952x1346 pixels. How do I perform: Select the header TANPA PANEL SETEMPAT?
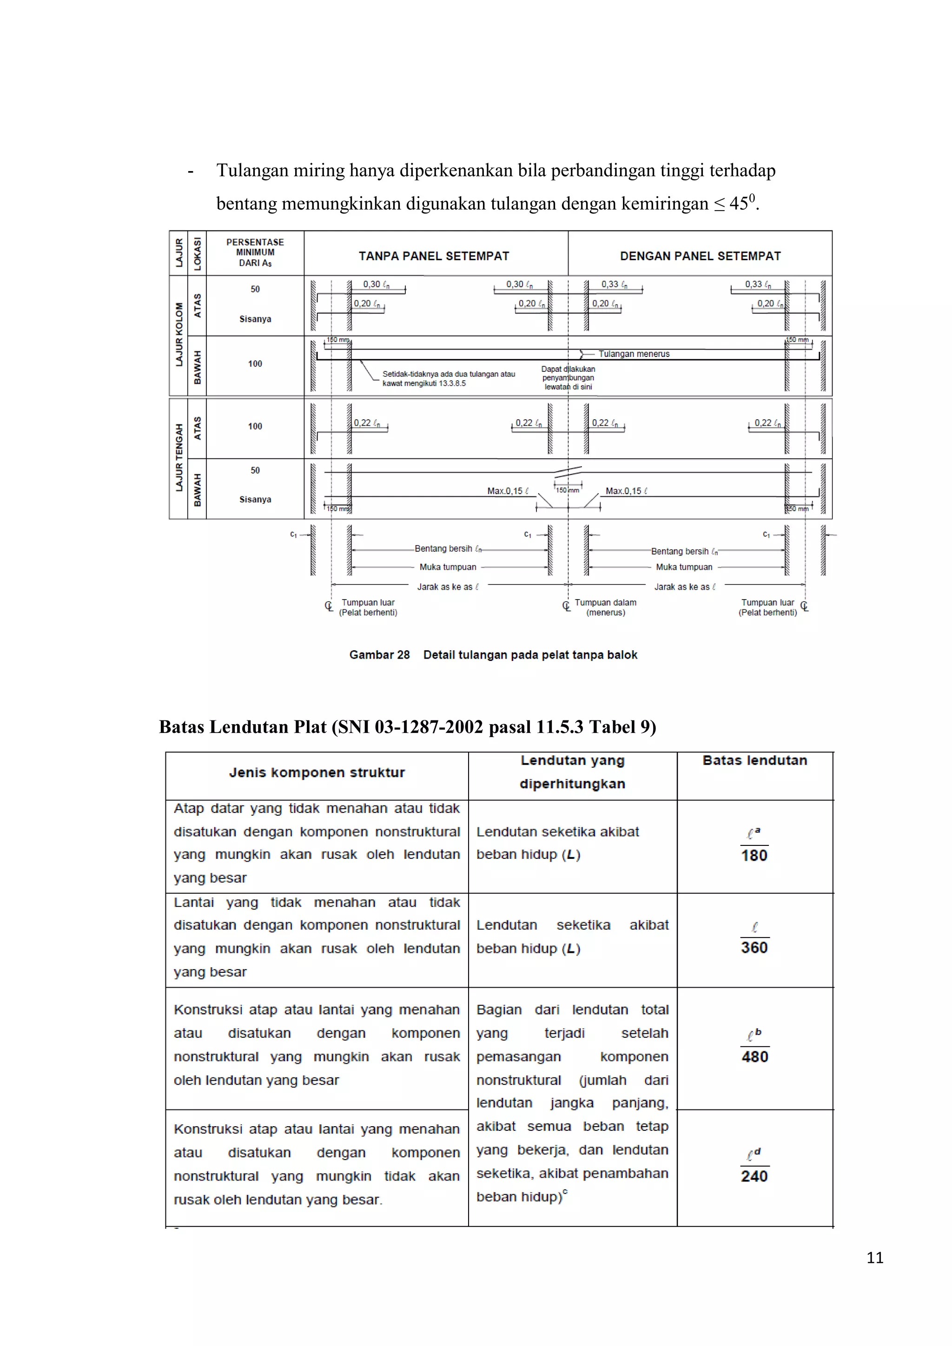click(434, 256)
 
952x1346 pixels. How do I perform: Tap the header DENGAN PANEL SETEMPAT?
click(701, 256)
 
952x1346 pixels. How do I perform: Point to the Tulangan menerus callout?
click(634, 354)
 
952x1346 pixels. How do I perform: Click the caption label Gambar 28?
click(379, 655)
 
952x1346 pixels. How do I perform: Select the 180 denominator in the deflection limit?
click(754, 855)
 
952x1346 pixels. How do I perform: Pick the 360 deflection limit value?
click(754, 948)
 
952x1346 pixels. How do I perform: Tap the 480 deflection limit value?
click(754, 1057)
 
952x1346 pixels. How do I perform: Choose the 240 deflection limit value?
click(754, 1176)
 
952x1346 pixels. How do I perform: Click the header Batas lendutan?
click(754, 760)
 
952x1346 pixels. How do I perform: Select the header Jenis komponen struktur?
click(317, 772)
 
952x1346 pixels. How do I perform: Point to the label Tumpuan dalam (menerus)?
click(606, 607)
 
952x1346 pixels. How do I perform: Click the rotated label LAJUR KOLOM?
click(179, 335)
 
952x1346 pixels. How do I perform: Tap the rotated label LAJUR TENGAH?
click(179, 458)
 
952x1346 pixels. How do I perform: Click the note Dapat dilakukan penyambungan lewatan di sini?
click(568, 378)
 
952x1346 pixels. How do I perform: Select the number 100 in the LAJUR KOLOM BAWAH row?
click(255, 364)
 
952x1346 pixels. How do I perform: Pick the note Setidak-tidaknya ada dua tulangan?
click(449, 378)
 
